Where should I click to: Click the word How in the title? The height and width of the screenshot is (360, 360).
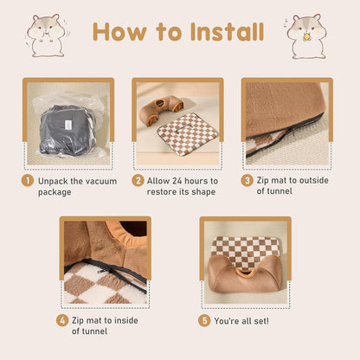pyautogui.click(x=120, y=32)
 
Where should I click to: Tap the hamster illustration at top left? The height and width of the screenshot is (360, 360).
pyautogui.click(x=45, y=35)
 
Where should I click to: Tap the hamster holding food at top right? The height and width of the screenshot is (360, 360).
pyautogui.click(x=306, y=35)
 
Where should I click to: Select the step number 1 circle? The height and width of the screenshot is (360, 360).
pyautogui.click(x=29, y=181)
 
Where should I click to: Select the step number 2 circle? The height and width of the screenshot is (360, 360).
pyautogui.click(x=138, y=181)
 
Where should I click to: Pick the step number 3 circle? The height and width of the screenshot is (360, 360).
pyautogui.click(x=247, y=181)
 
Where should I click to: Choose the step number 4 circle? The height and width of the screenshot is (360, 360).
pyautogui.click(x=62, y=320)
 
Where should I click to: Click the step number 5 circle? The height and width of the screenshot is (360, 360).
pyautogui.click(x=205, y=320)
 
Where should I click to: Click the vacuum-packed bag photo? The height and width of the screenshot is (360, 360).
pyautogui.click(x=67, y=125)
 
